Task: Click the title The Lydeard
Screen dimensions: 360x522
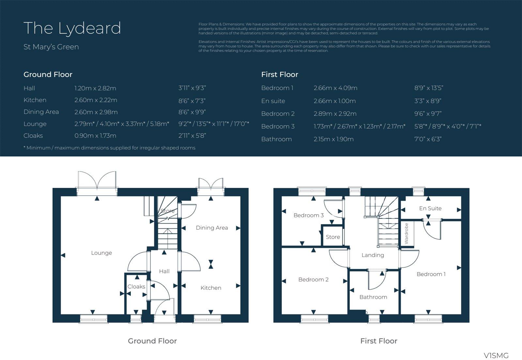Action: [x=72, y=28]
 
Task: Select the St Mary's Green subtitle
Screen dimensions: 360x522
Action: [x=51, y=47]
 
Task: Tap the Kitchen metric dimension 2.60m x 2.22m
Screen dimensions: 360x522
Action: [x=96, y=100]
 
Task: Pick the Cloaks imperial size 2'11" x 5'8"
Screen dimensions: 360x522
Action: [x=192, y=136]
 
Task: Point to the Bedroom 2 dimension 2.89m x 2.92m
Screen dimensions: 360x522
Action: [x=335, y=114]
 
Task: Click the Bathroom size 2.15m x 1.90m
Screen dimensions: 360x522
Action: [x=333, y=139]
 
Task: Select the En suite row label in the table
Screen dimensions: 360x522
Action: [x=273, y=101]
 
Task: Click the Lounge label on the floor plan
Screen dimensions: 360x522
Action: [x=101, y=253]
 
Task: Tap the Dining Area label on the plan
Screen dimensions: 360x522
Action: [x=212, y=228]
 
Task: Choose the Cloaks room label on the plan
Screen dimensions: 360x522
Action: [x=136, y=287]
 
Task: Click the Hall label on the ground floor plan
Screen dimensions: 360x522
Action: [x=164, y=271]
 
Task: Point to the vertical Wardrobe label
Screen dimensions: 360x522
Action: [x=406, y=233]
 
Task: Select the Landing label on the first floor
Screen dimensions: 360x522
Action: [x=373, y=255]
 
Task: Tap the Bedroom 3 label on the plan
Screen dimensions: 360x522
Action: [x=308, y=215]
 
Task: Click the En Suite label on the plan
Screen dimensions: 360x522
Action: [x=430, y=208]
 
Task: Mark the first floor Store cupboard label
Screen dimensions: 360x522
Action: [x=333, y=237]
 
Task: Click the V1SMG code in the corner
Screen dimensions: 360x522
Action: [x=496, y=355]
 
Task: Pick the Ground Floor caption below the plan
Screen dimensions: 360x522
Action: [x=152, y=341]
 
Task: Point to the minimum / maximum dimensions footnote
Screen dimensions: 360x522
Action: [x=109, y=148]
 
